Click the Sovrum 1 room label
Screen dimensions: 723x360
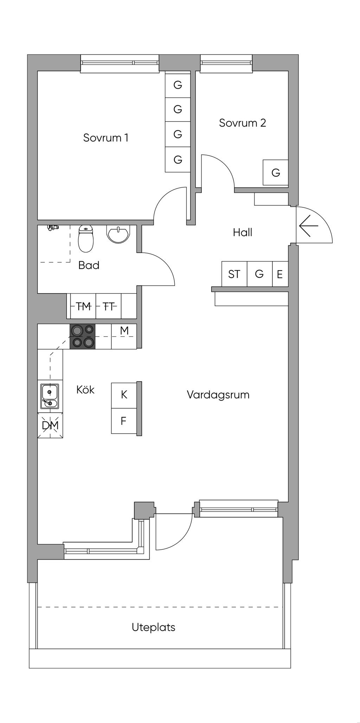(105, 137)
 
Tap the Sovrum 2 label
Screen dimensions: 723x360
(242, 123)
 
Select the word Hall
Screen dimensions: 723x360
(242, 232)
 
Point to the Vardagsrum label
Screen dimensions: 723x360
(218, 395)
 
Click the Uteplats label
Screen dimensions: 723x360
(153, 627)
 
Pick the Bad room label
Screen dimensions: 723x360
(89, 265)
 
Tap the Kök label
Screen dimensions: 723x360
(85, 390)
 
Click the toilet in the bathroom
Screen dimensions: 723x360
(86, 239)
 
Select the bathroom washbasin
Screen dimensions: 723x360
(119, 234)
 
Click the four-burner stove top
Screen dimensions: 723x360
(83, 336)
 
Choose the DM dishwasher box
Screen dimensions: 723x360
(50, 426)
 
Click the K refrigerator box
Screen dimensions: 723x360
(124, 395)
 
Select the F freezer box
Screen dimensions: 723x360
(124, 421)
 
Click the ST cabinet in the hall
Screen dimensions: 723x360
(234, 274)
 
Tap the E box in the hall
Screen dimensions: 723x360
(280, 274)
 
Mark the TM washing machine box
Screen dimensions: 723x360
(83, 306)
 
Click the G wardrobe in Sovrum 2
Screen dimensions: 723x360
(276, 173)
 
